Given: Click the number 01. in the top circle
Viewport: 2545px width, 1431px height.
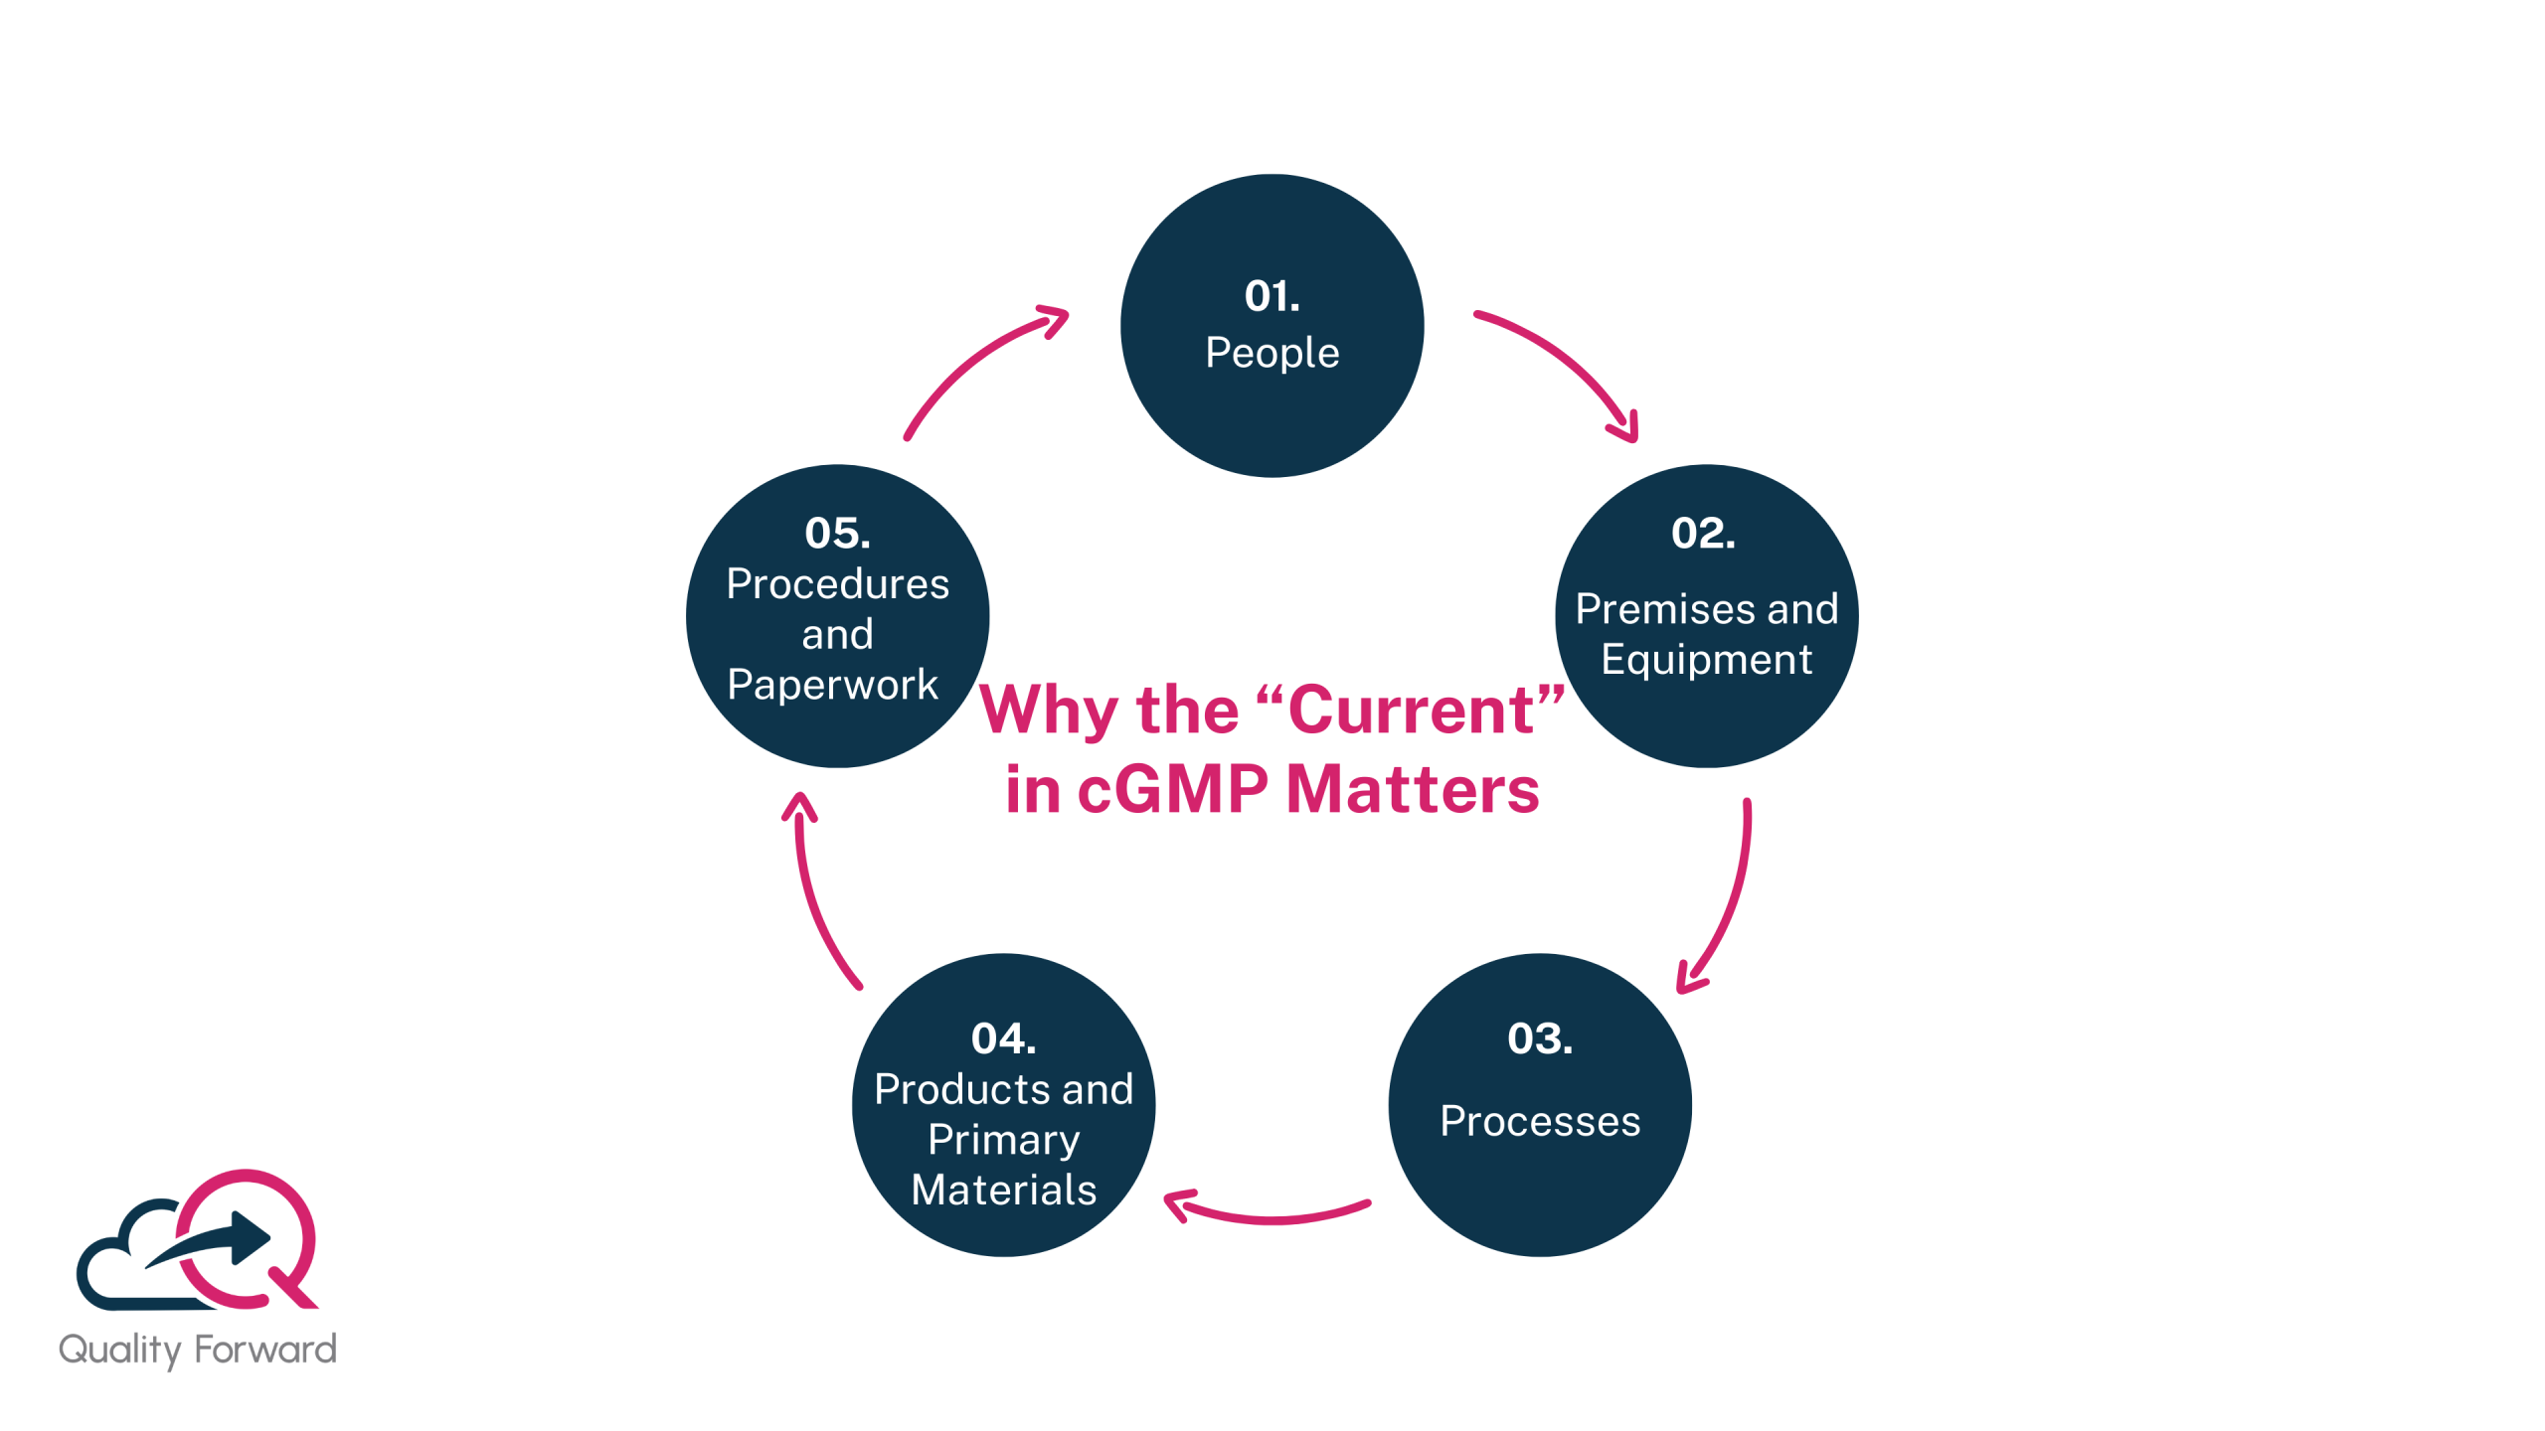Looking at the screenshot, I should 1272,296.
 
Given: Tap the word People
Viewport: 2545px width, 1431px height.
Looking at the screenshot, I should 1272,353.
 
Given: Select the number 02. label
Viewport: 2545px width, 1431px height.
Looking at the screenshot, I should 1703,534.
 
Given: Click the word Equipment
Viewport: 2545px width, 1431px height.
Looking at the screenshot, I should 1706,660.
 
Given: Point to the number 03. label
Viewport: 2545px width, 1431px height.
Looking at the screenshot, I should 1539,1039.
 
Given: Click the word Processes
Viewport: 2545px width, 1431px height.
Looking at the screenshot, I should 1539,1122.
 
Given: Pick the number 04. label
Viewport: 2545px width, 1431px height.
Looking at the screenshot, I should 1003,1039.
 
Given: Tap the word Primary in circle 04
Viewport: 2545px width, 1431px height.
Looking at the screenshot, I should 1003,1140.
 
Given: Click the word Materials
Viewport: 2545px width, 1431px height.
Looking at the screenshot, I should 1003,1191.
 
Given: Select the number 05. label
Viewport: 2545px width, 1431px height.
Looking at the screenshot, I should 837,534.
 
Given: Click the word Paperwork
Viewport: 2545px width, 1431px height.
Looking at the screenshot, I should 832,685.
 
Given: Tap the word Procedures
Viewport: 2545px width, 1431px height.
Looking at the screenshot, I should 837,584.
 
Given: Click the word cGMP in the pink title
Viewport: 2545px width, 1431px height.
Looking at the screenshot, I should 1173,790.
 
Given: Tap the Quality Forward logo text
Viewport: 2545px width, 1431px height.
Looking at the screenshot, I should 198,1350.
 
